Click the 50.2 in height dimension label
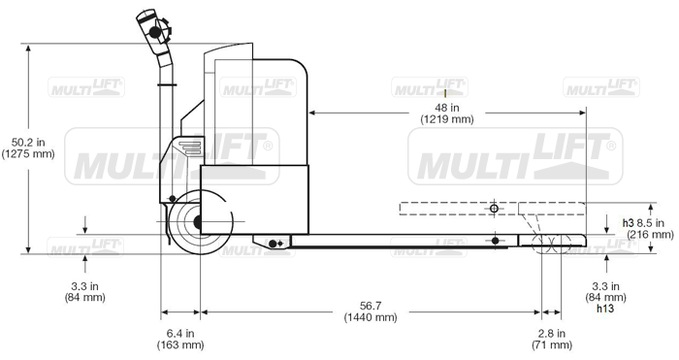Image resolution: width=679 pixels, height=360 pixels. click(28, 142)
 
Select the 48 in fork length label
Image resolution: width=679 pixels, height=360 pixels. click(447, 108)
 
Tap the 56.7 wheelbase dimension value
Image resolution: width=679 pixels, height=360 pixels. click(371, 306)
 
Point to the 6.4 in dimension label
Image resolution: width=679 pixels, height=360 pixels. click(180, 334)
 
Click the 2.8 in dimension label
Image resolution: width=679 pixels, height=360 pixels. click(552, 334)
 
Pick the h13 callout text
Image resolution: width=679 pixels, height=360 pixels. click(605, 309)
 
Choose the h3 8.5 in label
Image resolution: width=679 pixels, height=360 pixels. click(643, 223)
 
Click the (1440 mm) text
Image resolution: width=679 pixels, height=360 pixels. click(371, 317)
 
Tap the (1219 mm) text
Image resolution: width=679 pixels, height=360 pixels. click(447, 119)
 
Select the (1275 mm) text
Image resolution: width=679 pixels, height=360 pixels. click(28, 153)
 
